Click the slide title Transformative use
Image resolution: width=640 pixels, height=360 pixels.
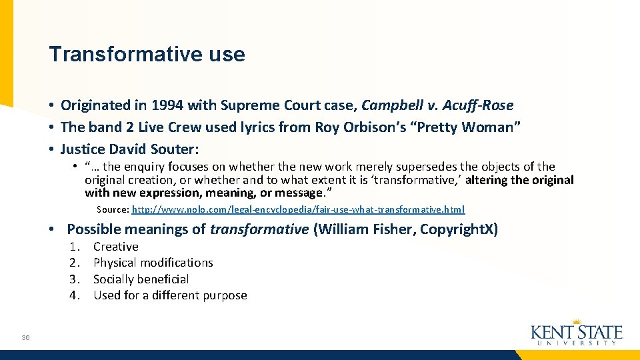pos(147,54)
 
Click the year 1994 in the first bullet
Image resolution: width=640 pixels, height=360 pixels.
pos(167,105)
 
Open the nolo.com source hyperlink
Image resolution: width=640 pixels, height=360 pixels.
pos(298,209)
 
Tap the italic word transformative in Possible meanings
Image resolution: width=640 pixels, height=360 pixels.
pos(259,229)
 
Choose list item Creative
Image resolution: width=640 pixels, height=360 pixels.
pos(116,247)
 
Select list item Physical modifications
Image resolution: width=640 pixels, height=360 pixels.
pos(153,263)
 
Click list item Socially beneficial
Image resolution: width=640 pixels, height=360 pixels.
pos(141,279)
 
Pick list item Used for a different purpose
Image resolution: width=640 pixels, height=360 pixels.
pos(170,295)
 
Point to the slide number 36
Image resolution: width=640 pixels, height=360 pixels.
pos(25,338)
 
